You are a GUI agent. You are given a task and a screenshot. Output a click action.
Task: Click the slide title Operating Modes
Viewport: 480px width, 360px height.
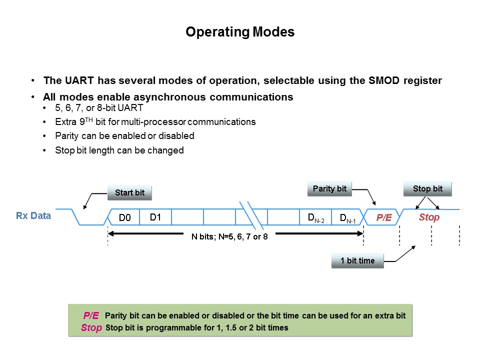pos(240,32)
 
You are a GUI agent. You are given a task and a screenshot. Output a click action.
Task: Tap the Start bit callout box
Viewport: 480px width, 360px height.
pos(129,192)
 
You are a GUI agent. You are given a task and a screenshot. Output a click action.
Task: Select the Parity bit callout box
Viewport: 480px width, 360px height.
pos(329,188)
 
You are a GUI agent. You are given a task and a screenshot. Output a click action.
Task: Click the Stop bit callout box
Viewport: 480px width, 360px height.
pos(427,188)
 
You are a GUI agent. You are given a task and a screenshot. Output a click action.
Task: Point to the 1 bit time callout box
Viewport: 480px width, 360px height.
pos(357,260)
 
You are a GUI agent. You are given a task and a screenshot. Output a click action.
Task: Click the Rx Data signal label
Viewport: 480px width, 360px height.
pos(33,216)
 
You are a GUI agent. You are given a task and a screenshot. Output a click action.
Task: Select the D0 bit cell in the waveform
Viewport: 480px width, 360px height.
pos(124,217)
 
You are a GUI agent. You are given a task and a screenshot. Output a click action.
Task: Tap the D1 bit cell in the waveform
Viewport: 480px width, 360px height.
pos(155,217)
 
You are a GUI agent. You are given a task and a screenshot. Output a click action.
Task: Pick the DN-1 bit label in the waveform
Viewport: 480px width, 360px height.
pos(347,217)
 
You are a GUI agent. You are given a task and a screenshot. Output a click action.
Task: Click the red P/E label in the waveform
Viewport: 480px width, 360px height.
pos(383,217)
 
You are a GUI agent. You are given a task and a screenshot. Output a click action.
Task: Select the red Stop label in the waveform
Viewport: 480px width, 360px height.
pos(429,217)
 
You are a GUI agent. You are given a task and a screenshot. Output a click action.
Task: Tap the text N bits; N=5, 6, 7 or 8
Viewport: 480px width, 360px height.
pos(230,236)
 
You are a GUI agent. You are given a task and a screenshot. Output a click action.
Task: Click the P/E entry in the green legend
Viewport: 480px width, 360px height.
pos(91,315)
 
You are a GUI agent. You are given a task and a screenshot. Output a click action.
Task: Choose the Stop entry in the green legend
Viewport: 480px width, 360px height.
pos(91,327)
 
